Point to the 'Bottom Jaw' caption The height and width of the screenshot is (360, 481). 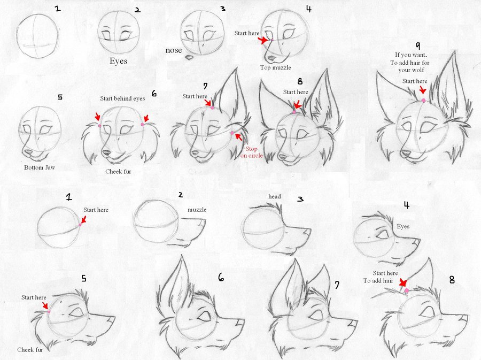coord(39,167)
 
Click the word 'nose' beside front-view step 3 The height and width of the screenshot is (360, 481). coord(174,50)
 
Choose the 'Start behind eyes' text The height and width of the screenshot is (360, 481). coord(122,99)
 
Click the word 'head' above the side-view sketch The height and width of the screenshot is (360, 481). coord(275,196)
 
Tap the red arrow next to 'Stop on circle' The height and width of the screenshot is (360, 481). coord(238,137)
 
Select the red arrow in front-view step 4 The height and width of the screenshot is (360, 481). coord(262,40)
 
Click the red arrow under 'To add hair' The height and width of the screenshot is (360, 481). coord(401,284)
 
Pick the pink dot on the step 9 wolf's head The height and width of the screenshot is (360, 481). coord(423,100)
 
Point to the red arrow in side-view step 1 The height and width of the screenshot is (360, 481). coord(84,220)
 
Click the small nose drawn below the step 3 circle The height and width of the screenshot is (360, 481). coord(189,56)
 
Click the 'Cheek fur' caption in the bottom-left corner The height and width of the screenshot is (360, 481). coord(30,349)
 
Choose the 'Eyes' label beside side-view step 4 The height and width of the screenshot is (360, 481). coord(403,226)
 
